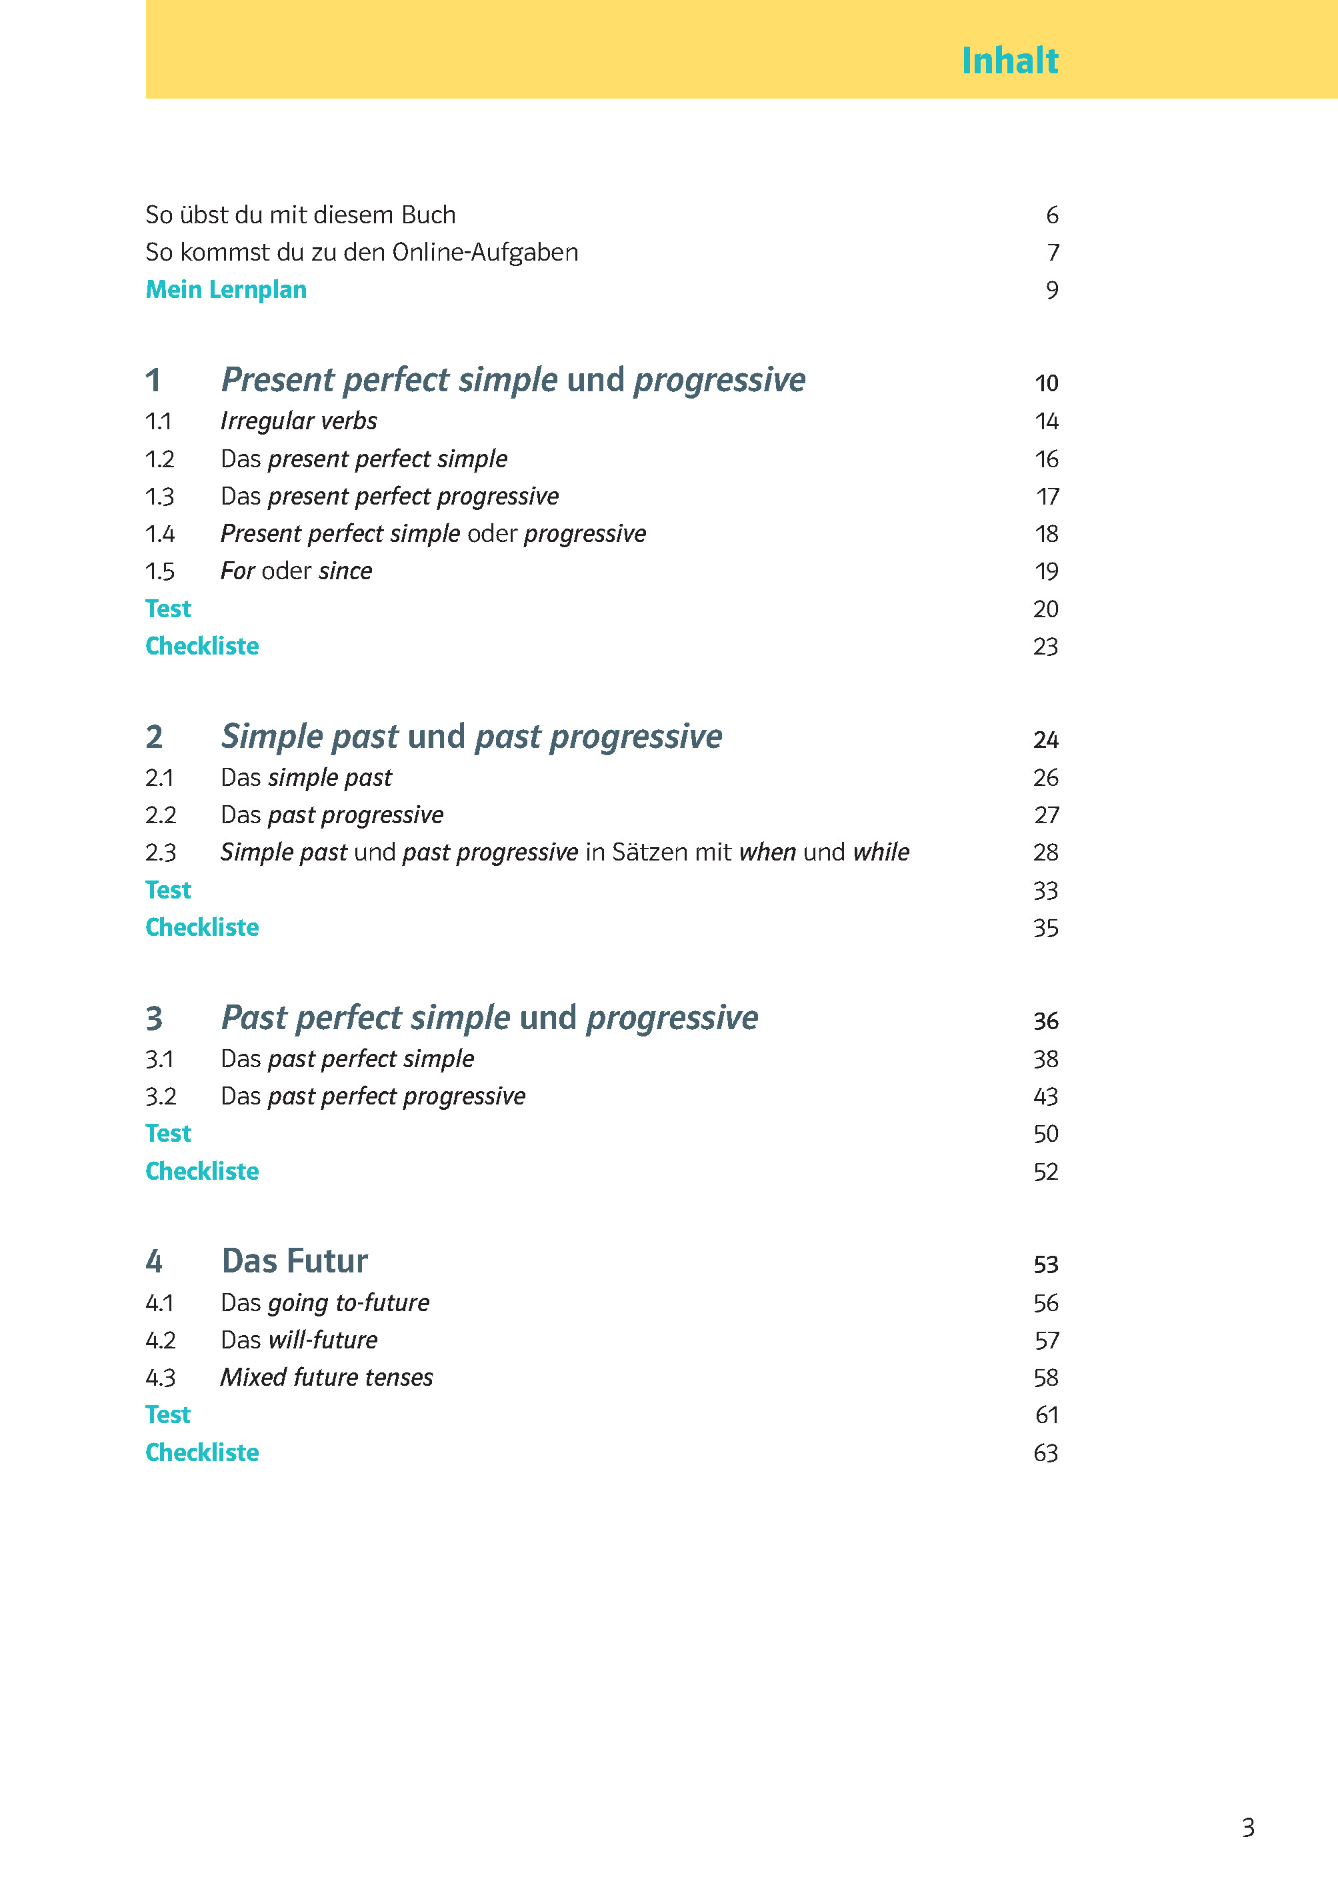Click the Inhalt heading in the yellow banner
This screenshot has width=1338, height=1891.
point(1009,61)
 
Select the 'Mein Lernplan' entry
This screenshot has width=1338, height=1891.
point(226,290)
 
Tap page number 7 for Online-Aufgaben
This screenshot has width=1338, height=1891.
point(1052,253)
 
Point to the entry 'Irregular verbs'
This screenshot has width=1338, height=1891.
point(298,422)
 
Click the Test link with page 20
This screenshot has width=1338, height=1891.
point(168,609)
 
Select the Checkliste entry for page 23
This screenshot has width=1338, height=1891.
point(202,647)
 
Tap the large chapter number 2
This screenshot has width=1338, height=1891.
point(154,737)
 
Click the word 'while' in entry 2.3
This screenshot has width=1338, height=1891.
point(881,853)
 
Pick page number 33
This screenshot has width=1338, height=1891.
point(1045,891)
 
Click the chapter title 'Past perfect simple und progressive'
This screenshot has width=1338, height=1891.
point(489,1018)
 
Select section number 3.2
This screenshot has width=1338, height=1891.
point(160,1097)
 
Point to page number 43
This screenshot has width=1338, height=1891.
point(1045,1097)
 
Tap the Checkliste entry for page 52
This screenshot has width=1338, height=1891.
point(202,1172)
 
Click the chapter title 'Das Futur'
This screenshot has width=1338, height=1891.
point(294,1262)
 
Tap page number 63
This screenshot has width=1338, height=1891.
point(1045,1454)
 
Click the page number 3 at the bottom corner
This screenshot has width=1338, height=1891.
point(1247,1828)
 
